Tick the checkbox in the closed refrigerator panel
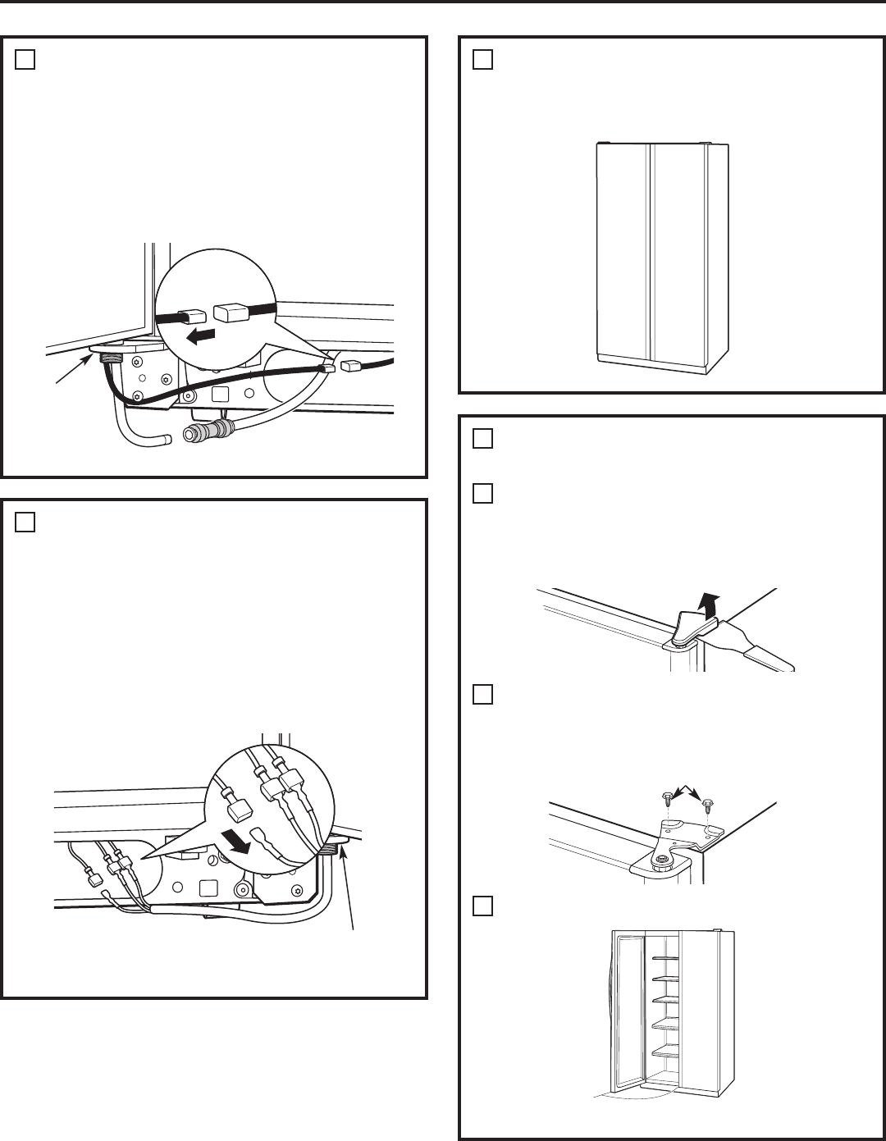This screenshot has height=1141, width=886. [x=483, y=60]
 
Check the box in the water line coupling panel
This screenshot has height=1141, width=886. [x=25, y=60]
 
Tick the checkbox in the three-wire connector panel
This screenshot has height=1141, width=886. [x=25, y=523]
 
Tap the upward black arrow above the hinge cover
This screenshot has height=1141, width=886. [x=702, y=600]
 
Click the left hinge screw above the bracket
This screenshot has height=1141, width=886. [x=668, y=796]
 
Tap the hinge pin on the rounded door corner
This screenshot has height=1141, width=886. [x=660, y=860]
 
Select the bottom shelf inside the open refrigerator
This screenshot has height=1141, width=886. [x=664, y=1051]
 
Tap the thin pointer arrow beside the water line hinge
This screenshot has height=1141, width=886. [x=69, y=370]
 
